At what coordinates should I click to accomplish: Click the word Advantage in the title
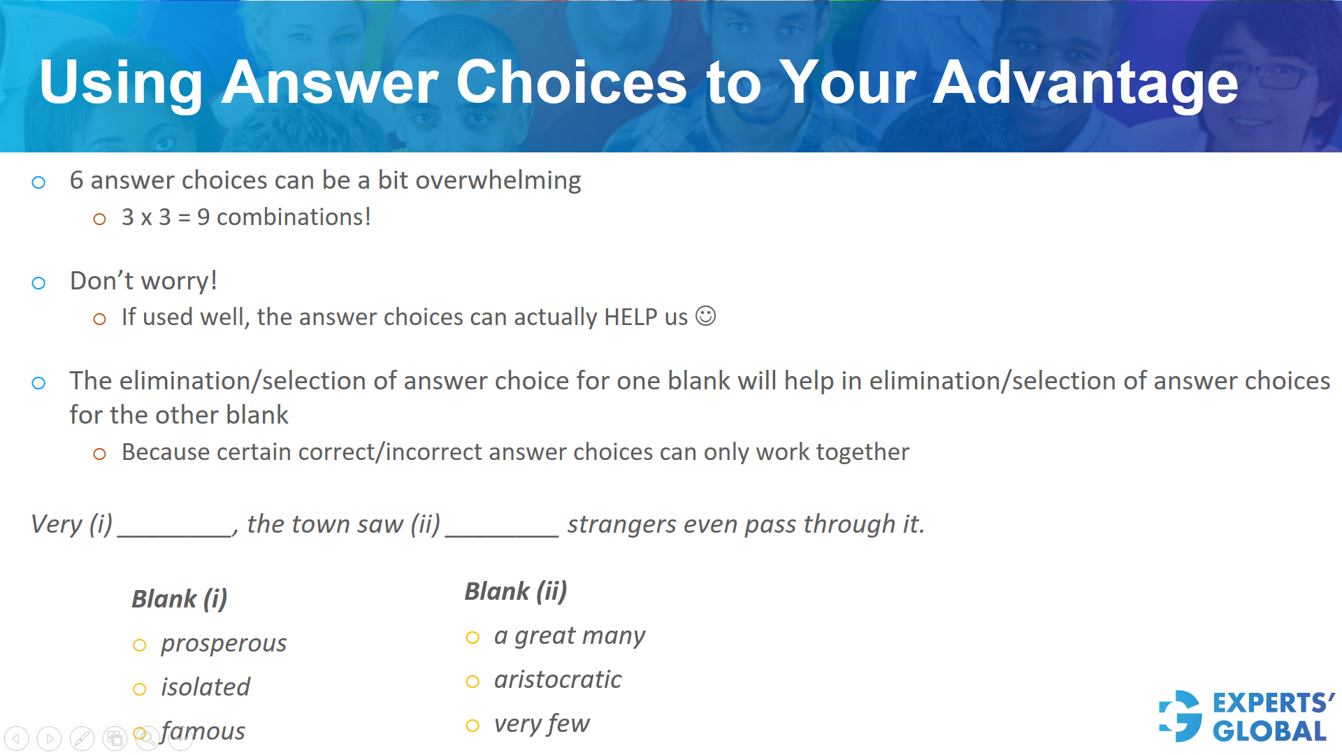[x=1085, y=84]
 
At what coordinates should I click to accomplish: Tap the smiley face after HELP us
[x=706, y=316]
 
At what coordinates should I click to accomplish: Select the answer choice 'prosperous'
[x=224, y=643]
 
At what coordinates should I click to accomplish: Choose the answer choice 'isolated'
[x=205, y=687]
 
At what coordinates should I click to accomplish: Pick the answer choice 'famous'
[x=203, y=731]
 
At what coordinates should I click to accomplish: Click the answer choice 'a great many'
[x=569, y=636]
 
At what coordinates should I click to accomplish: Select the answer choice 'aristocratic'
[x=558, y=679]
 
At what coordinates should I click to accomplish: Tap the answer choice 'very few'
[x=542, y=724]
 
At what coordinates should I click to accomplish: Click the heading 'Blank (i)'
[x=179, y=599]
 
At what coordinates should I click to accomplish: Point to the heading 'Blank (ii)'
[x=516, y=591]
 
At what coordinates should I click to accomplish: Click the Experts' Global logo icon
[x=1181, y=716]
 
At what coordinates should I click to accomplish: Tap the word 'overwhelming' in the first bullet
[x=498, y=180]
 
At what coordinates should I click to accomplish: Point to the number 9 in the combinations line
[x=203, y=217]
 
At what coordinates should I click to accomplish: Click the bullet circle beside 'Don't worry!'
[x=39, y=283]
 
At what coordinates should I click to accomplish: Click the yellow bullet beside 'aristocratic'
[x=473, y=682]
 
